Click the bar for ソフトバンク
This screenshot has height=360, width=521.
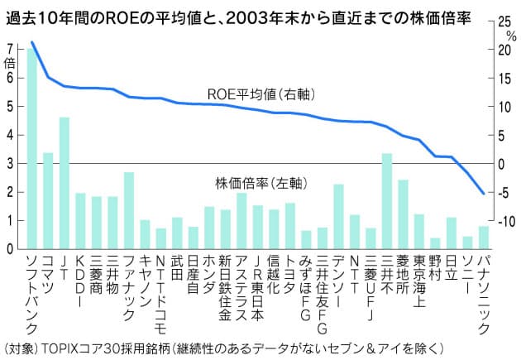(x=31, y=149)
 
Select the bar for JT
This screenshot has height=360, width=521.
(x=64, y=183)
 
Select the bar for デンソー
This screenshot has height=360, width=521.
(x=338, y=216)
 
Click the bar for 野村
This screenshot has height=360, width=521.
(x=435, y=243)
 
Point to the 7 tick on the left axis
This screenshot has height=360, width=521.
(x=10, y=49)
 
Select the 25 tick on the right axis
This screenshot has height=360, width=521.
(x=501, y=22)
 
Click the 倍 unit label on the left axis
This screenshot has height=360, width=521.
(x=10, y=63)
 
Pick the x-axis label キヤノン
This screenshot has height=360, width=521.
(x=146, y=281)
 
